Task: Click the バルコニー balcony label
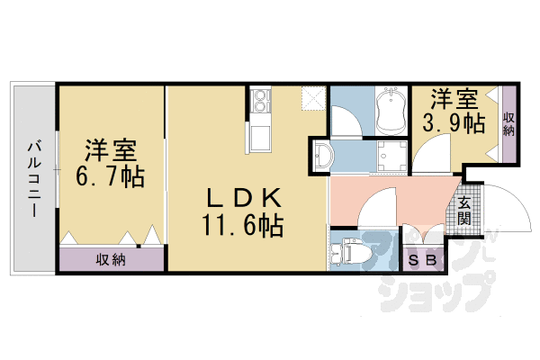34,179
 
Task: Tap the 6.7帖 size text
110,176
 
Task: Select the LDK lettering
244,198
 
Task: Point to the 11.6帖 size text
244,226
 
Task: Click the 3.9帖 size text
454,122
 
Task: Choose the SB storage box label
422,260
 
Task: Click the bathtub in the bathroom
391,111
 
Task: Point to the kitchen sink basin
260,138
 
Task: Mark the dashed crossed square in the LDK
314,98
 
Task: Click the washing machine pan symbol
391,156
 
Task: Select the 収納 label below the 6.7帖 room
111,260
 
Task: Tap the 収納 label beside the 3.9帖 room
508,124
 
